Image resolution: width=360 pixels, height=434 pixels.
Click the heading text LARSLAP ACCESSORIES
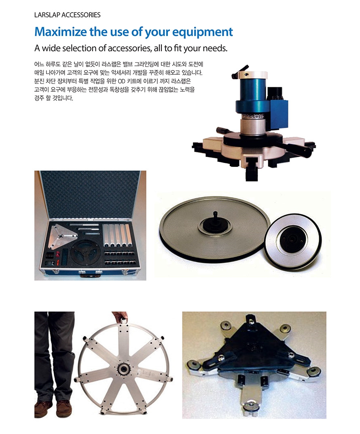(x=67, y=15)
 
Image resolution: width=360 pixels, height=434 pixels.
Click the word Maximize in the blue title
(x=60, y=32)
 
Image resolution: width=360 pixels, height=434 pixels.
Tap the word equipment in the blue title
(x=202, y=32)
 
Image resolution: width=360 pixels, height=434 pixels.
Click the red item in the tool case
(x=58, y=257)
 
